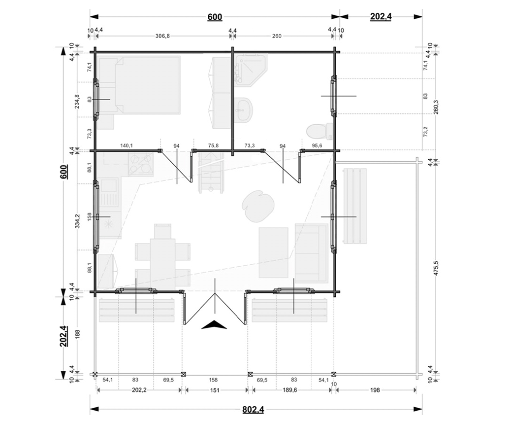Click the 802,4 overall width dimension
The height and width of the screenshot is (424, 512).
pos(253,409)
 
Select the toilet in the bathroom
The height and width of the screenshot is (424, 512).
pos(320,131)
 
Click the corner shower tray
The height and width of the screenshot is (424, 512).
pos(251,71)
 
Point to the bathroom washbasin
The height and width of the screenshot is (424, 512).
pos(243,109)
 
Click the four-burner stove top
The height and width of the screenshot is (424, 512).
pos(141,165)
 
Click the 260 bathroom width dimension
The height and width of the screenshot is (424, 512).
pos(277,36)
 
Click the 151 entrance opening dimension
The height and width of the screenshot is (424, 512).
pos(215,390)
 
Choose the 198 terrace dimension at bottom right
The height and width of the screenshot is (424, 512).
pos(376,390)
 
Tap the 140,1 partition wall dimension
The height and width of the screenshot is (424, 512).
pos(127,146)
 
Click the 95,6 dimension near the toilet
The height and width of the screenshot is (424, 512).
pos(317,146)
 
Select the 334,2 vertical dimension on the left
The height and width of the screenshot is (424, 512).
pos(77,221)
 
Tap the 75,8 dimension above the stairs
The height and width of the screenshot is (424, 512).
pos(213,146)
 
